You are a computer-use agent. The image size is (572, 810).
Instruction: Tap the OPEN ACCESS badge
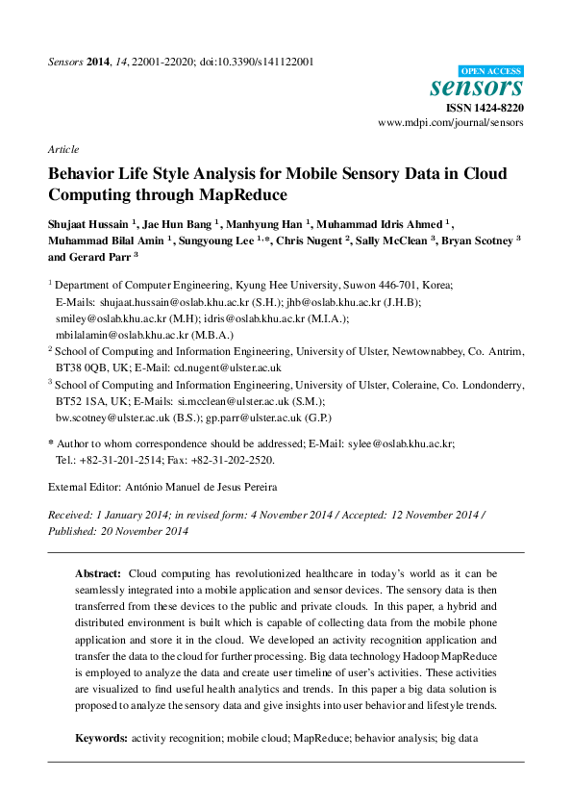pyautogui.click(x=491, y=70)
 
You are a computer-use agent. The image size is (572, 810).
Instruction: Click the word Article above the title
pyautogui.click(x=62, y=149)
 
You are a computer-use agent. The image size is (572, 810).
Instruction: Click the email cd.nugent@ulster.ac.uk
pyautogui.click(x=234, y=367)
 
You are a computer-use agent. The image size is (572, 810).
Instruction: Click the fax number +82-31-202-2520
pyautogui.click(x=234, y=460)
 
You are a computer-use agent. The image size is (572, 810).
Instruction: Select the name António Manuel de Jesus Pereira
pyautogui.click(x=204, y=488)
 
